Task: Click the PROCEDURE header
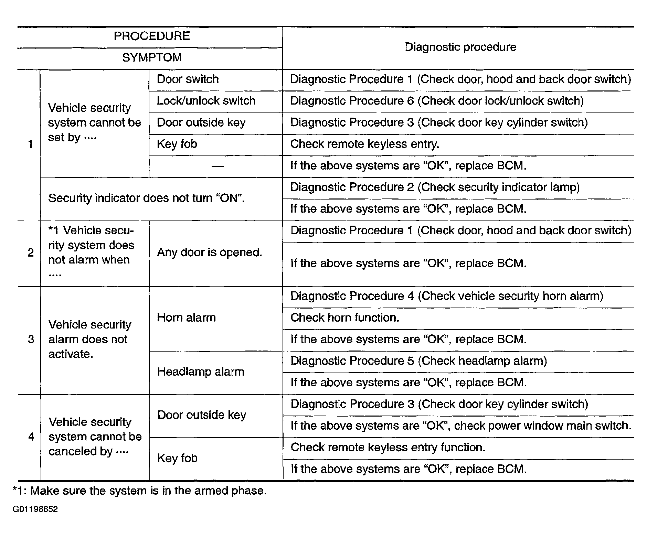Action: click(152, 36)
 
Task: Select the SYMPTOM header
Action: click(152, 57)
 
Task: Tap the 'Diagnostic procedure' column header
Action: click(460, 47)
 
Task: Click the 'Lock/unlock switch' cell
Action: click(206, 101)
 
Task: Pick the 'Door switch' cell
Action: click(188, 79)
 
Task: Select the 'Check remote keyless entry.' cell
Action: click(365, 144)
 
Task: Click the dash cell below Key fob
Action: click(218, 166)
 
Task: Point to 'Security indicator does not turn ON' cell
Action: click(146, 198)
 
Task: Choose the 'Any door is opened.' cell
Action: click(210, 252)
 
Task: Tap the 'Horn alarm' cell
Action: click(187, 318)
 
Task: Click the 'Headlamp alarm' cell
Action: click(201, 372)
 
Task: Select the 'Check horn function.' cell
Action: click(345, 318)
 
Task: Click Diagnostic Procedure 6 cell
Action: click(437, 101)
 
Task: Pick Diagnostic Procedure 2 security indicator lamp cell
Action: click(435, 187)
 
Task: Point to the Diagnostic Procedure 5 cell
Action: click(418, 361)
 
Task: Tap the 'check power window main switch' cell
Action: click(461, 426)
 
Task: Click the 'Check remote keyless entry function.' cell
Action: click(388, 448)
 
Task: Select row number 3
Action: click(31, 340)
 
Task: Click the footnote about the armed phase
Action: click(140, 491)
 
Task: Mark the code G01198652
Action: click(35, 509)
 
